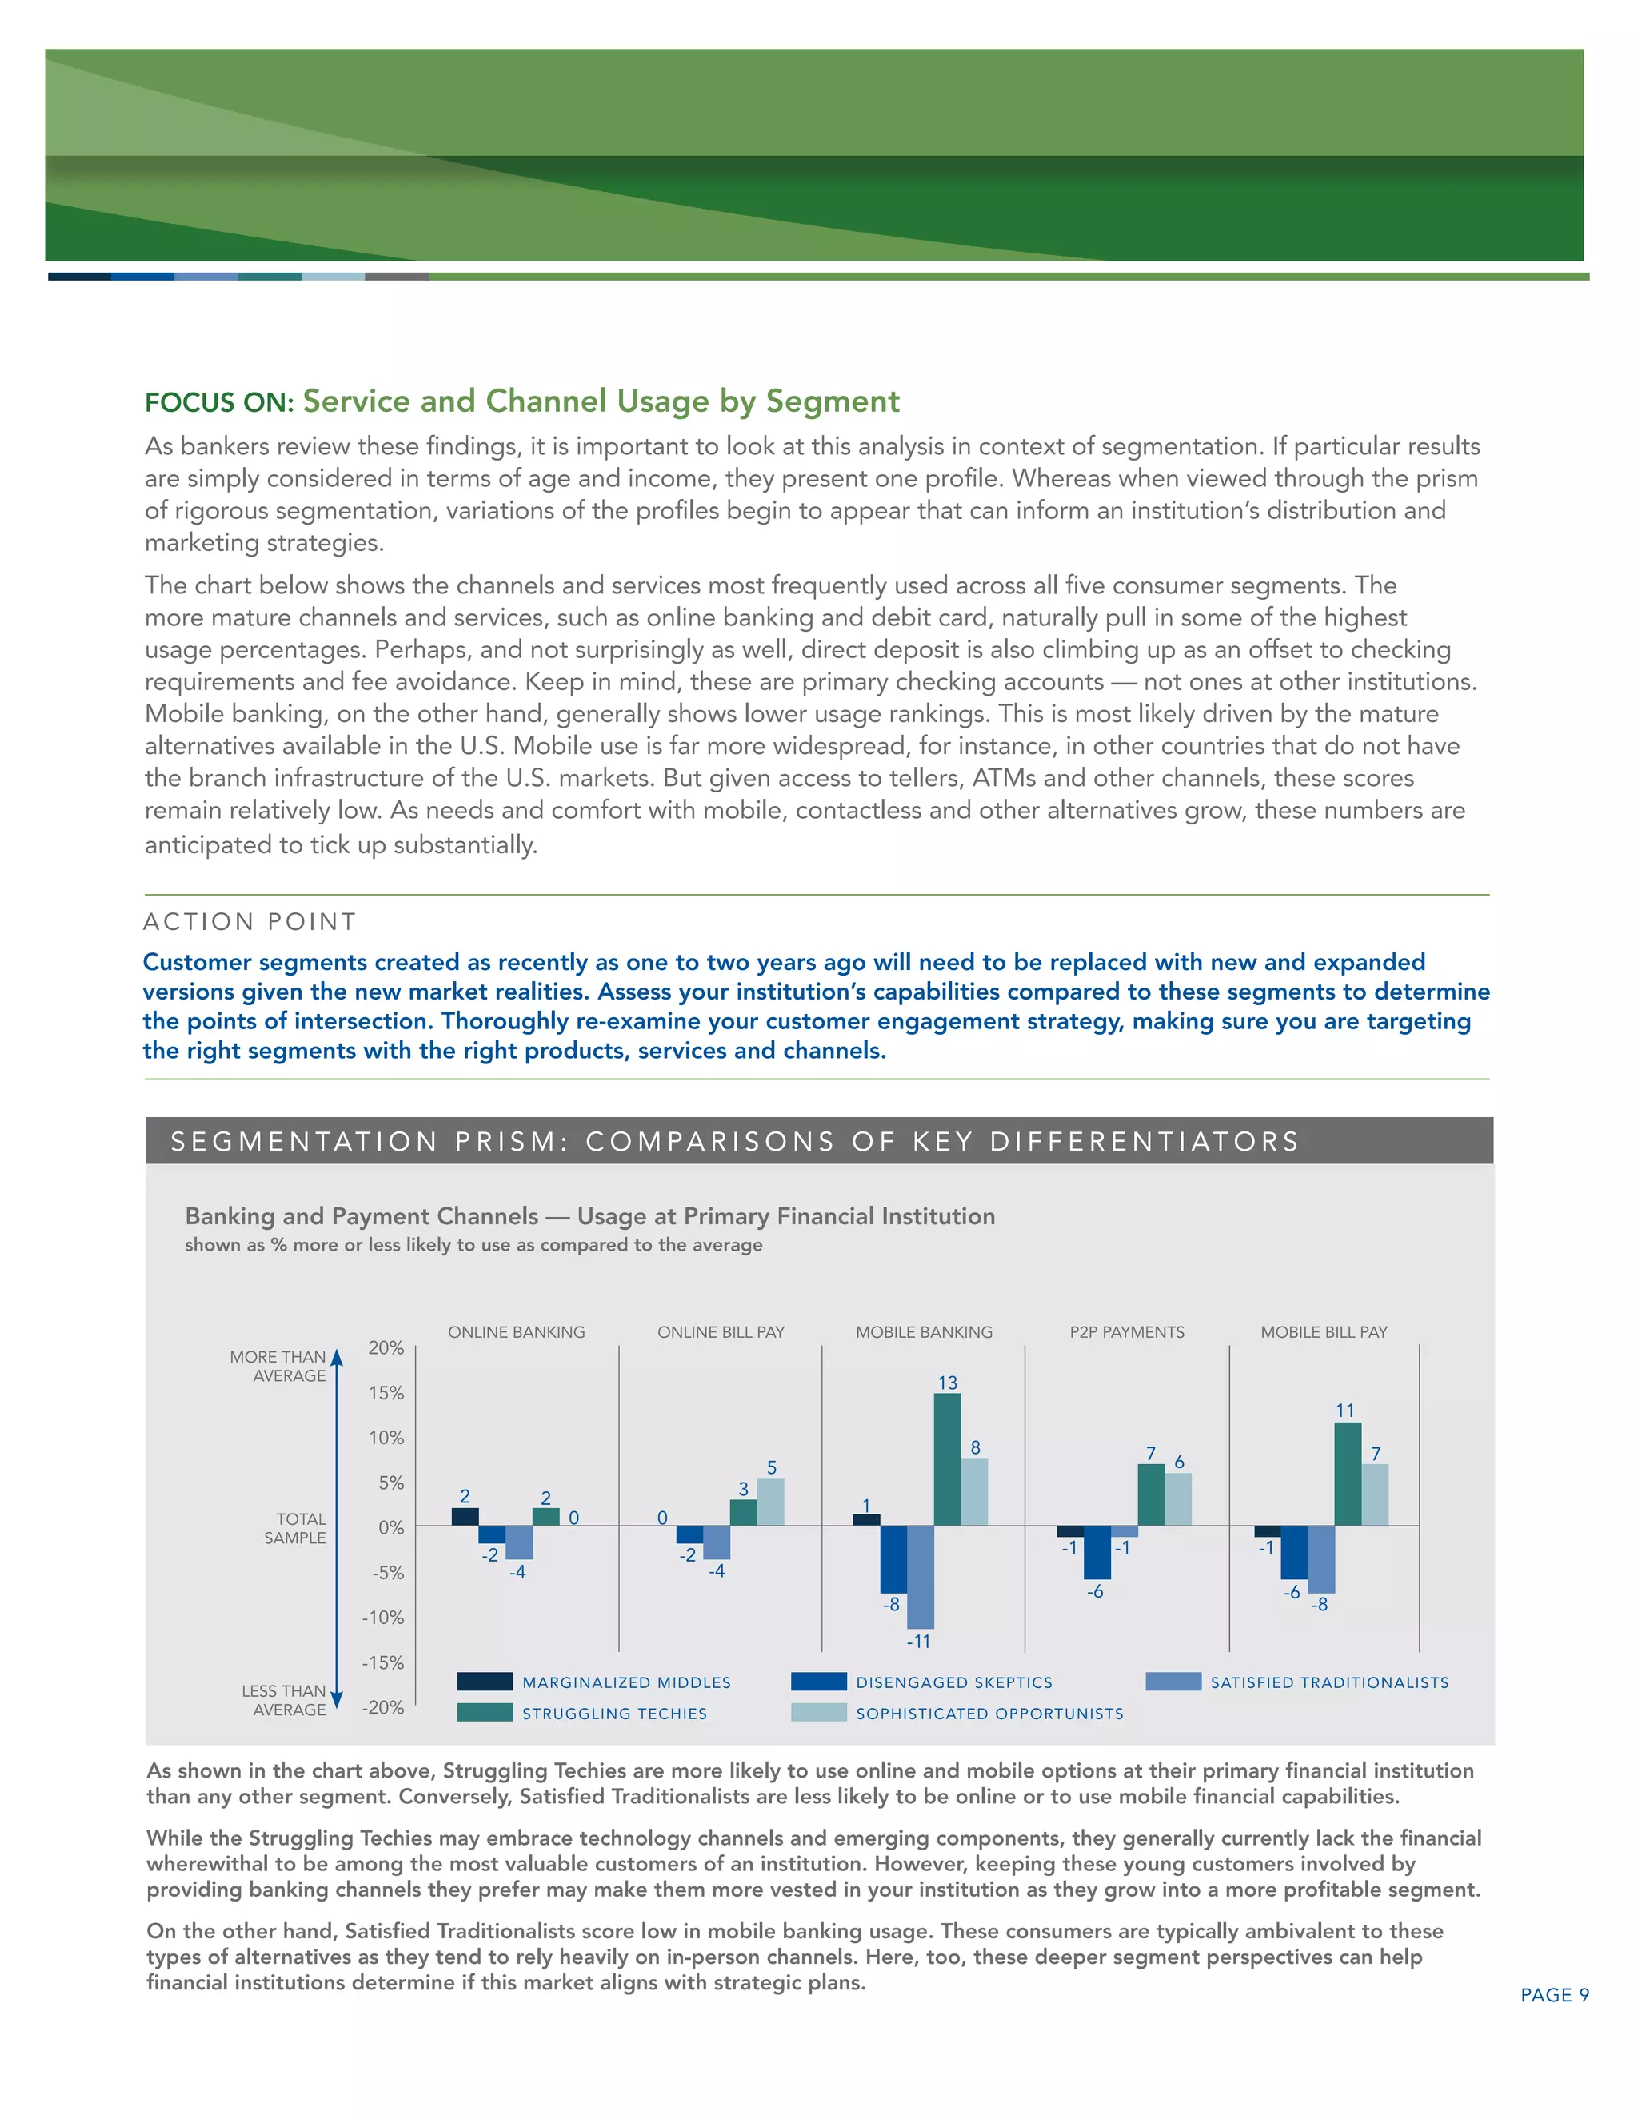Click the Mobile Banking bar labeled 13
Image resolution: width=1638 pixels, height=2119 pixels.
tap(947, 1459)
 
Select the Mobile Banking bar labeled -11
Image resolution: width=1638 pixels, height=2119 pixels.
tap(920, 1577)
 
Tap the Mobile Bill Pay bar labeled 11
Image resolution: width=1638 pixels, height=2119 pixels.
tap(1347, 1474)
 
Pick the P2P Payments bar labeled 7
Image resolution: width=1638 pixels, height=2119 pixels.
tap(1151, 1494)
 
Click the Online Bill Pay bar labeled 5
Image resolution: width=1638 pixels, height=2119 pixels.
tap(770, 1501)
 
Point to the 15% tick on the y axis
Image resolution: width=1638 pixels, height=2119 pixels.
tap(386, 1393)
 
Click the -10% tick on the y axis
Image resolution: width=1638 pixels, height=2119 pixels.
tap(383, 1618)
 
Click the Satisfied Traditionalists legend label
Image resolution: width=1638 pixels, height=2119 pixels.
tap(1328, 1682)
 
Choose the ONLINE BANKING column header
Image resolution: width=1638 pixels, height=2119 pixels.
tap(516, 1332)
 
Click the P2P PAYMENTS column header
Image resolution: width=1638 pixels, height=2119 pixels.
tap(1127, 1332)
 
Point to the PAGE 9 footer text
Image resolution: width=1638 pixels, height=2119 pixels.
tap(1553, 1995)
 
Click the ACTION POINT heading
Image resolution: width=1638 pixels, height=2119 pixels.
tap(250, 922)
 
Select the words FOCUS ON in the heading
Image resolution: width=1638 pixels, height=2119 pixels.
tap(218, 403)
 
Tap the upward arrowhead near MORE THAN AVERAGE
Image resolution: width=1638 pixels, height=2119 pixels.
tap(337, 1356)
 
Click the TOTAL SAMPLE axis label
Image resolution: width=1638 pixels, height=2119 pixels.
tap(295, 1528)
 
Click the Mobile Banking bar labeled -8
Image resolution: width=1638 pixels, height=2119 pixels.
tap(893, 1559)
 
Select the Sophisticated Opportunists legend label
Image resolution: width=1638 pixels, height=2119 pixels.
tap(989, 1714)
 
